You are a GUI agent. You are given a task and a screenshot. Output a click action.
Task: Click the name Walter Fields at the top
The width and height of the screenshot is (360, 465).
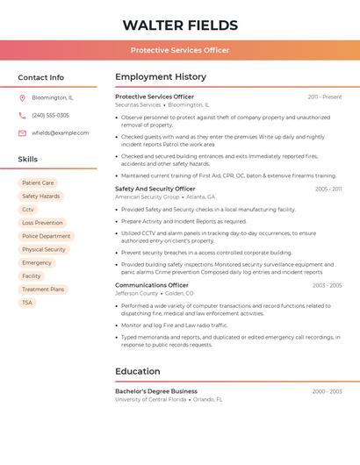[x=180, y=25]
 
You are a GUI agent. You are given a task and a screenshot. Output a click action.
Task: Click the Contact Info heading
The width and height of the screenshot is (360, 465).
[x=41, y=77]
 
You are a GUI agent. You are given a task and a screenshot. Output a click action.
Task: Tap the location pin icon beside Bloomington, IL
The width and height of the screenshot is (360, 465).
[x=22, y=98]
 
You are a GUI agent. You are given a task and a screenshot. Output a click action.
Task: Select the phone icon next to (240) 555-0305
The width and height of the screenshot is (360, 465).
[x=22, y=116]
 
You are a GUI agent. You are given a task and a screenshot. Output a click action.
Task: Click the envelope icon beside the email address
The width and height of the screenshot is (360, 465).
[x=22, y=133]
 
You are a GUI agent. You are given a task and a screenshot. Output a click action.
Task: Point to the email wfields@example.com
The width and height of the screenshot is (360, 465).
[x=60, y=133]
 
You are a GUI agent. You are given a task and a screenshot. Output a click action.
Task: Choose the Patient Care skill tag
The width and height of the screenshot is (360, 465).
[x=38, y=183]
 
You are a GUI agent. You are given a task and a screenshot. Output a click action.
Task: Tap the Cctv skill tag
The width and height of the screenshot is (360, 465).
[x=28, y=210]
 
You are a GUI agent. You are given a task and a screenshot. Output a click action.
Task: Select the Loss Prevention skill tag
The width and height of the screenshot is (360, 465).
[x=42, y=223]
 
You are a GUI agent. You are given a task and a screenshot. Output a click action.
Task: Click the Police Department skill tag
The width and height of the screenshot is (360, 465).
[x=46, y=236]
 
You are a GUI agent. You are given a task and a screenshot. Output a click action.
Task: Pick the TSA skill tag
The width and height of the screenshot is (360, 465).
[x=27, y=303]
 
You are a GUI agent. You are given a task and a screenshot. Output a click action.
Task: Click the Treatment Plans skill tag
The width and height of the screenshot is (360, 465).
[x=43, y=290]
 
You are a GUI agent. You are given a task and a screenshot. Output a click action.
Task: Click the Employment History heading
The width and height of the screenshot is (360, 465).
[x=161, y=77]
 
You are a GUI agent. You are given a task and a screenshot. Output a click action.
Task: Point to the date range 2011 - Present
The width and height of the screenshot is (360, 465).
[x=325, y=97]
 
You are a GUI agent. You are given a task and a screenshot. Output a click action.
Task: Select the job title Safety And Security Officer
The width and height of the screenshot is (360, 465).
[x=155, y=189]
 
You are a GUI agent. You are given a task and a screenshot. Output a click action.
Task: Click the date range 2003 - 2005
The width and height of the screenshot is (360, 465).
[x=327, y=285]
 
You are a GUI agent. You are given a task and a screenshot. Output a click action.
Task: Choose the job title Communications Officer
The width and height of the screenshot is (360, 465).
[x=152, y=285]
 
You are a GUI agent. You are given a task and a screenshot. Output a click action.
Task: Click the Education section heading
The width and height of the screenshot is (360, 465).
[x=138, y=371]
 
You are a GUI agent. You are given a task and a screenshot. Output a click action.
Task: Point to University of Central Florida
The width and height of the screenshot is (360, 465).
[x=151, y=399]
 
